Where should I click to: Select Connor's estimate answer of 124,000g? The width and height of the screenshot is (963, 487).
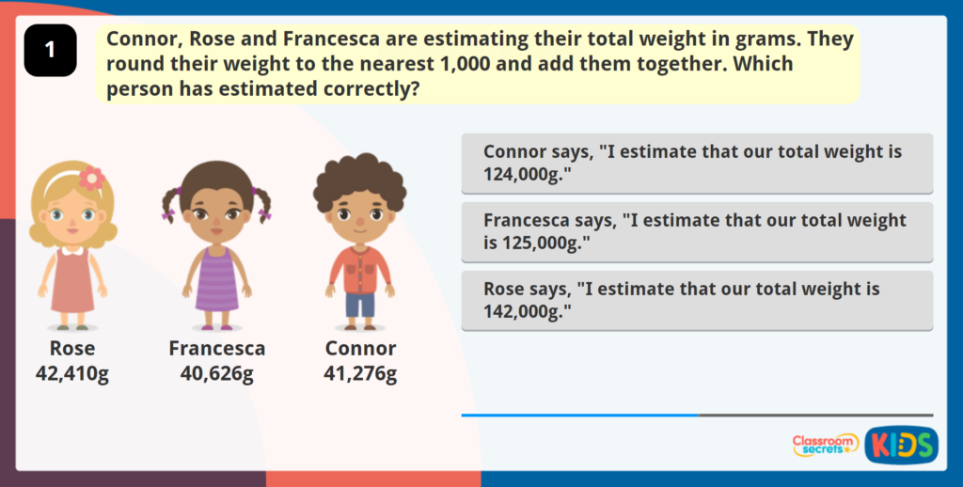click(697, 164)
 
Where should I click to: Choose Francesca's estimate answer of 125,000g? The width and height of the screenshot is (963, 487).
click(697, 232)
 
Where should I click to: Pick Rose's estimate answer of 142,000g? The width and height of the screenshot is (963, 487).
click(697, 301)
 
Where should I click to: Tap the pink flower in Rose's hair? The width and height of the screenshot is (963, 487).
click(91, 177)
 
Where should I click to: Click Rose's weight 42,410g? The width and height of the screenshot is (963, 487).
click(72, 374)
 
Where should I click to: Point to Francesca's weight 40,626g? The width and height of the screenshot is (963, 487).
click(216, 374)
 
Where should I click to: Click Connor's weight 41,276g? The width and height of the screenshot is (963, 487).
click(360, 374)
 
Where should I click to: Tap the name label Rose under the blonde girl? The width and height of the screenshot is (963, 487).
click(72, 349)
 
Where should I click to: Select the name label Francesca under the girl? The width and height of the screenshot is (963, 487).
click(216, 349)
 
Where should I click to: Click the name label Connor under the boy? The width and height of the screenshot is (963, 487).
click(360, 349)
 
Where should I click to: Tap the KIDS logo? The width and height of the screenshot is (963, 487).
click(900, 445)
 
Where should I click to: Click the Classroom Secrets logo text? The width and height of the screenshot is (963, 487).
click(825, 445)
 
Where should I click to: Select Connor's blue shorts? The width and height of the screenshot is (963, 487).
click(359, 304)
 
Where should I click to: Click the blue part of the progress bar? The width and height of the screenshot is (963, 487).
click(579, 415)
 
